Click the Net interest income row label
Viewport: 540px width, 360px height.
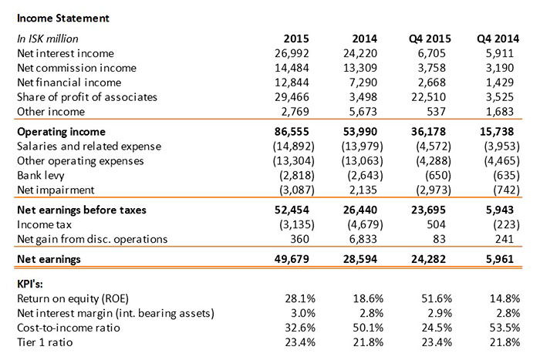65,53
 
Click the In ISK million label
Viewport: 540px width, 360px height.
48,39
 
